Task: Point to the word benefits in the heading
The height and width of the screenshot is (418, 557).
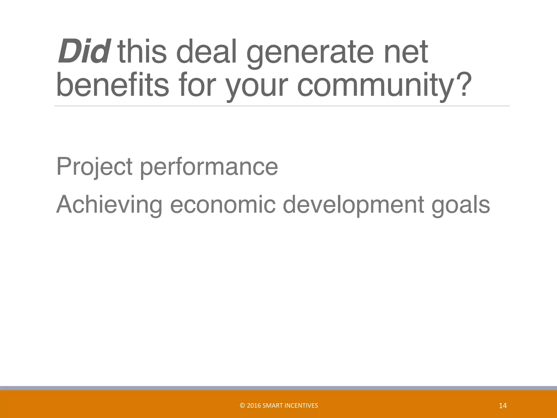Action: tap(113, 85)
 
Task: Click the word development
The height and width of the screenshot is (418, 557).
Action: tap(353, 205)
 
